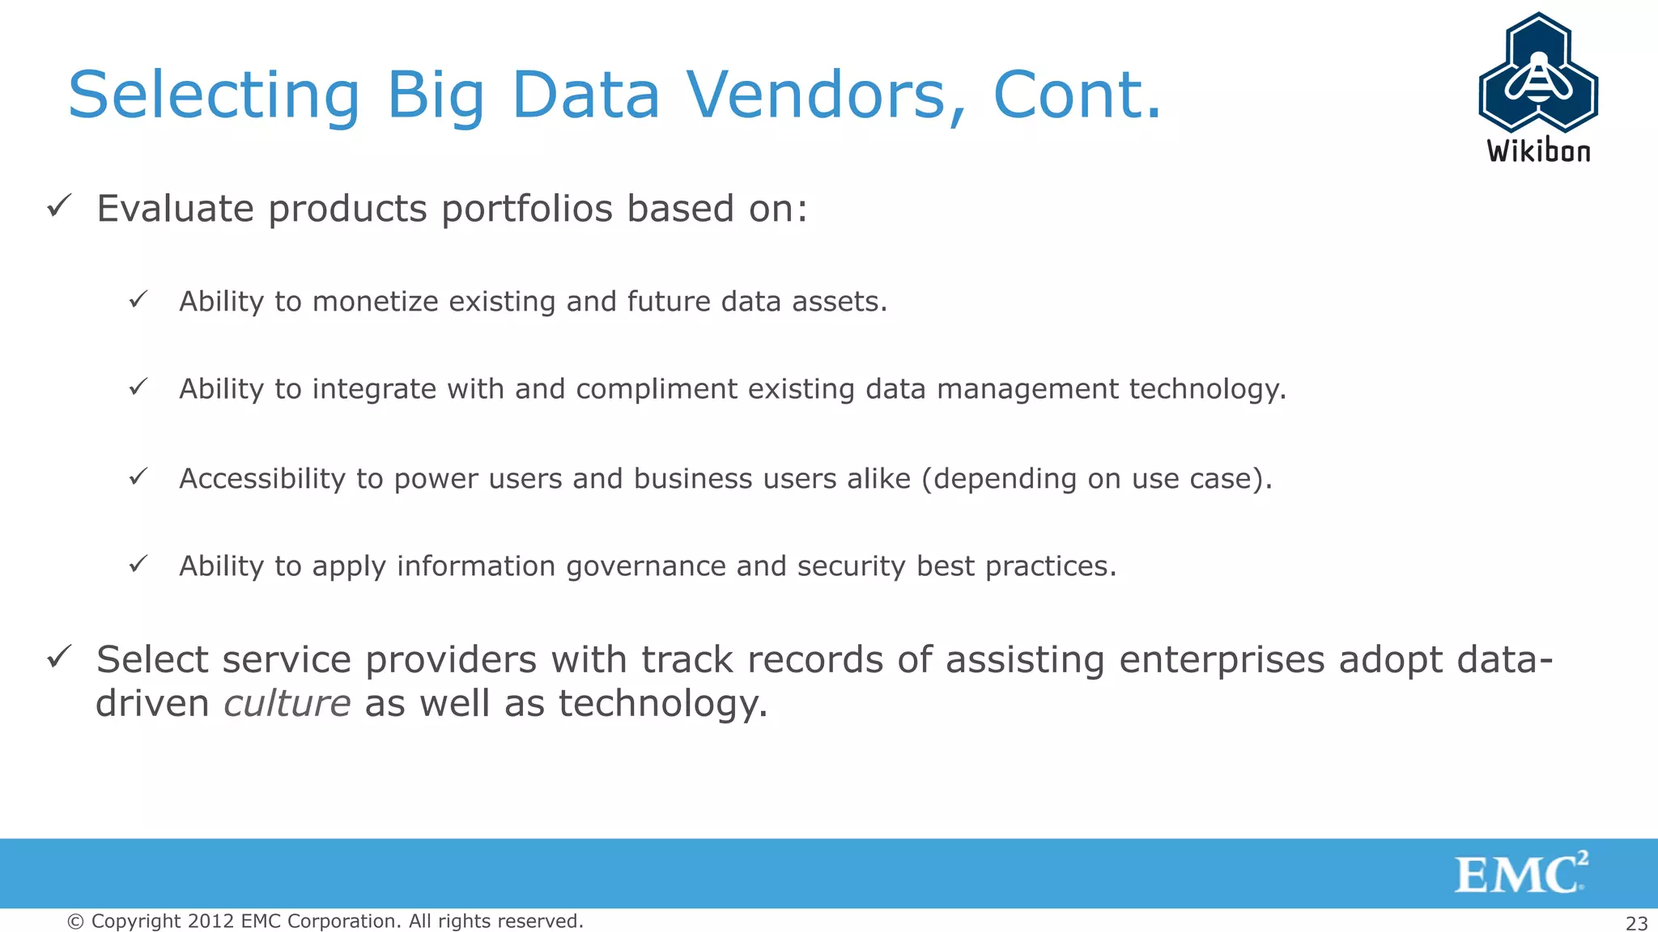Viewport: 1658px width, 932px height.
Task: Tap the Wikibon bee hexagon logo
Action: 1538,73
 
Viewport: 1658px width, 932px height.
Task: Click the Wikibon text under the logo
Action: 1538,151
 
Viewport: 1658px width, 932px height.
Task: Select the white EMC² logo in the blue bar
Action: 1520,874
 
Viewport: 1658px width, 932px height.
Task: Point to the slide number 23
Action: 1636,923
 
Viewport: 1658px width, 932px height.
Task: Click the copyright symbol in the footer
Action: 75,921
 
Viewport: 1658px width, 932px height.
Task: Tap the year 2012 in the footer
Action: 210,921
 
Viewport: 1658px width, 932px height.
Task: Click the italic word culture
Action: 287,703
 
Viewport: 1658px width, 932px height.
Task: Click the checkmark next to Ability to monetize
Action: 138,299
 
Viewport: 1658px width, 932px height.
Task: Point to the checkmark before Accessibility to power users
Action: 138,477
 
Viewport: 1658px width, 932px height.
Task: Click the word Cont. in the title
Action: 1077,95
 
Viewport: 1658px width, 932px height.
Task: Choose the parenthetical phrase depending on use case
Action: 1096,479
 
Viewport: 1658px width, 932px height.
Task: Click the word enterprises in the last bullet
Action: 1222,659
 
